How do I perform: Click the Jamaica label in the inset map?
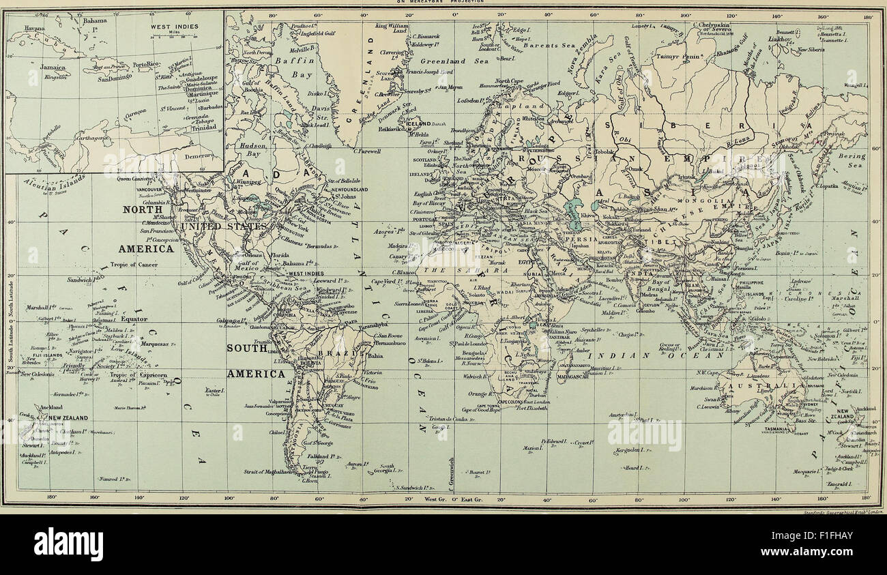coord(53,68)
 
